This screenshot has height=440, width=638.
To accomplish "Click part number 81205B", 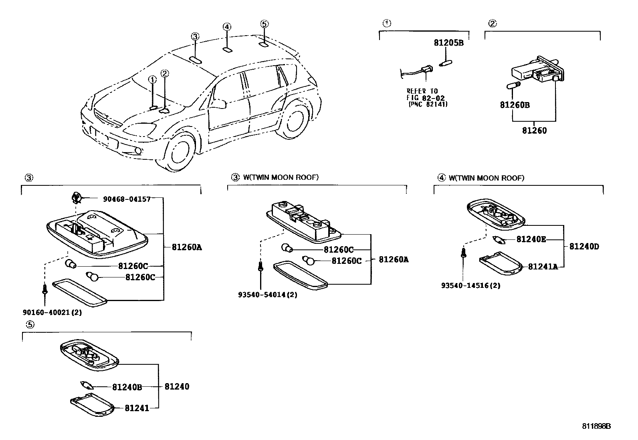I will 448,42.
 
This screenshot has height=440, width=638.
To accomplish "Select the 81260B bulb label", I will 515,105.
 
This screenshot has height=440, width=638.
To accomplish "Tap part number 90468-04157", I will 126,199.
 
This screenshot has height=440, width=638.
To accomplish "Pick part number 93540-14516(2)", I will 470,285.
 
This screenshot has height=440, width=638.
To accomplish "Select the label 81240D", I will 584,247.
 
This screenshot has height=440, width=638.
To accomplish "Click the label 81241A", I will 543,267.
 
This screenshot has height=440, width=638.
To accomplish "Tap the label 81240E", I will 531,239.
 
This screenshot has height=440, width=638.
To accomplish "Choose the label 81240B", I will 127,387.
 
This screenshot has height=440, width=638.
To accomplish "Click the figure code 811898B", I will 596,426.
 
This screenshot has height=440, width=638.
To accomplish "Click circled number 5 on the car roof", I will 263,24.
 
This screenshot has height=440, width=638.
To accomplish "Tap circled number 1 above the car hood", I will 152,80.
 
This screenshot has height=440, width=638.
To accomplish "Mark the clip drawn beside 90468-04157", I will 76,197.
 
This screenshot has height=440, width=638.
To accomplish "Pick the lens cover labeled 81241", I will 92,405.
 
